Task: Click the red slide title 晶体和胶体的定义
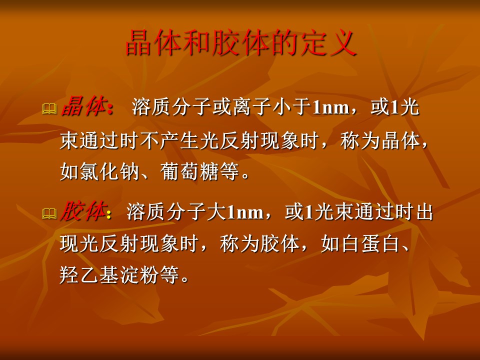(x=241, y=43)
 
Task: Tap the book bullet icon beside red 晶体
(x=49, y=108)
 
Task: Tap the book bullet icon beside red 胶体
(x=49, y=213)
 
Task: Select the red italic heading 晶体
(x=84, y=106)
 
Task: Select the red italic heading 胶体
(x=83, y=211)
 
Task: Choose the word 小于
(x=292, y=107)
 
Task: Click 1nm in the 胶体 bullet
(x=245, y=212)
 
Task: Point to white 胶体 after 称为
(x=280, y=244)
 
